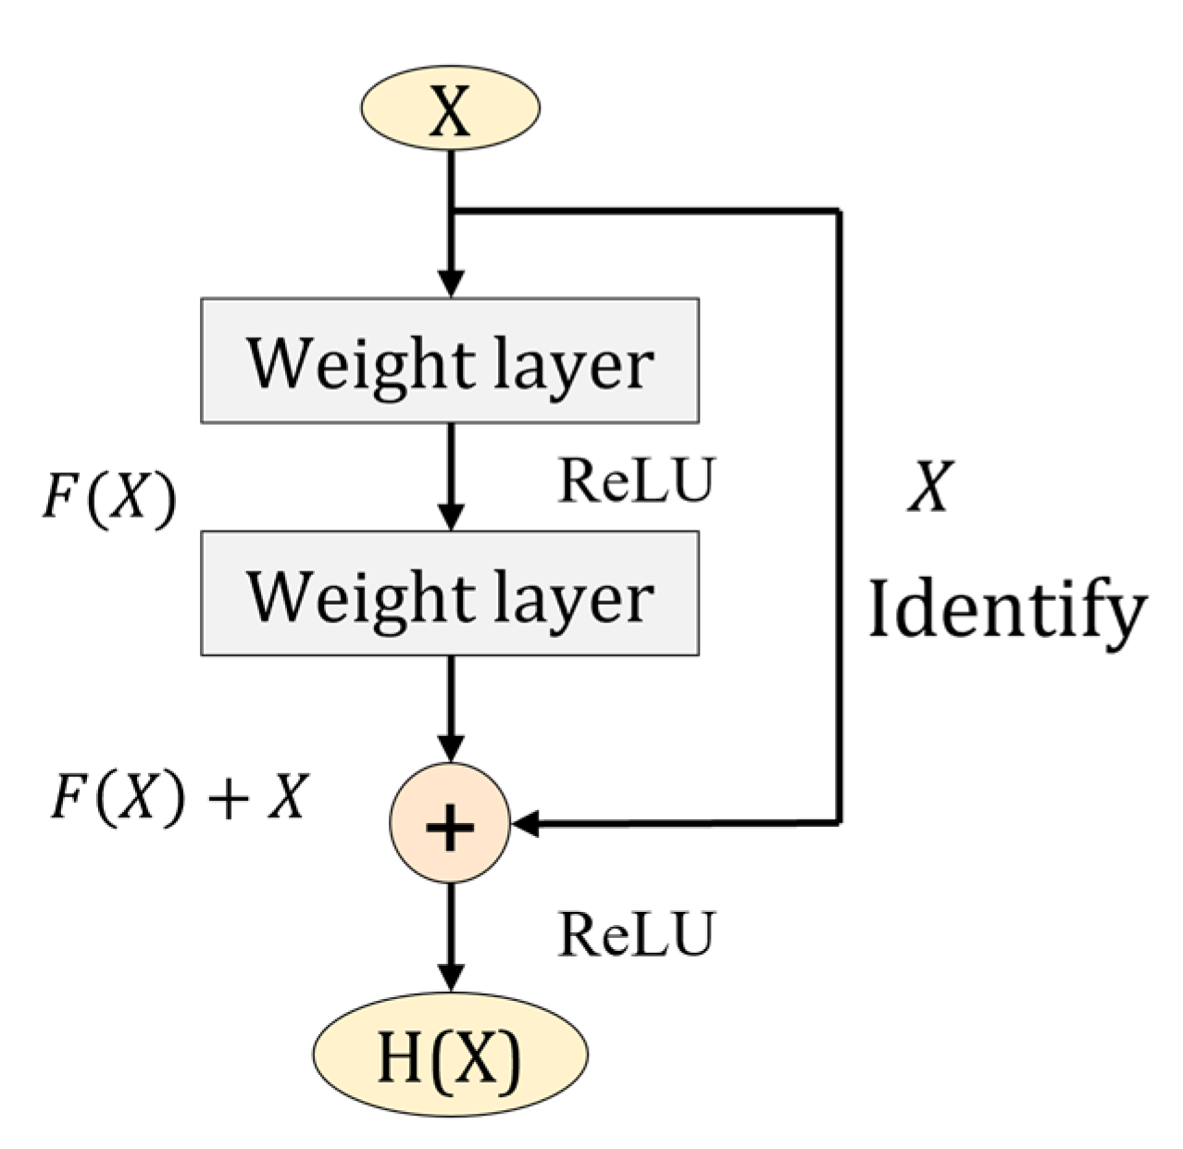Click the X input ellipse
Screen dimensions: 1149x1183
tap(449, 109)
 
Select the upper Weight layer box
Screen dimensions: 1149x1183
tap(449, 361)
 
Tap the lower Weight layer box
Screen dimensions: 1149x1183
tap(449, 593)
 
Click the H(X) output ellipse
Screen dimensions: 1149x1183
tap(450, 1055)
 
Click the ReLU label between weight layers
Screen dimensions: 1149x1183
tap(636, 481)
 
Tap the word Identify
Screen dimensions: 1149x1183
tap(1007, 611)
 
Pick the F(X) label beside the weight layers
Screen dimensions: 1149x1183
tap(109, 500)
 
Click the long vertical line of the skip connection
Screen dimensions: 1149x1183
tap(839, 518)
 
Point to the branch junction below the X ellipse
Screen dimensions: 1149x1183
tap(451, 212)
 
